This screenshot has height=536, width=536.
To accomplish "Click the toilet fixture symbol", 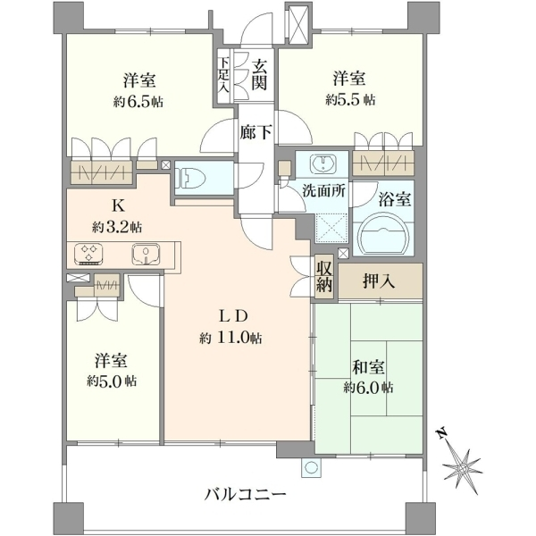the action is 189,178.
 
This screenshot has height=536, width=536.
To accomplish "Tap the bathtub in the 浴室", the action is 383,233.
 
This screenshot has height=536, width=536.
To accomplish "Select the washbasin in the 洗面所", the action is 323,163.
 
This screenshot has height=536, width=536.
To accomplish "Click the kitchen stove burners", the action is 88,254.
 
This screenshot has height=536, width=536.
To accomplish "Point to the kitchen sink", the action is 147,254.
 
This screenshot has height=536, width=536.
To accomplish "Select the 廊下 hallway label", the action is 256,132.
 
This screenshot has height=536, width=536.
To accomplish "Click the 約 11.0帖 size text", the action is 231,339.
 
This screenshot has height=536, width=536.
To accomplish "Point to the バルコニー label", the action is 245,495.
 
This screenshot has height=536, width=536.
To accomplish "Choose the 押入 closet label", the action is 379,281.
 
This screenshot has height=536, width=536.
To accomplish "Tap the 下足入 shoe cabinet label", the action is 223,75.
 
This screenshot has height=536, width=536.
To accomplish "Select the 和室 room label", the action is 368,367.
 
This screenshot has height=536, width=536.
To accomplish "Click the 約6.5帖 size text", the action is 138,102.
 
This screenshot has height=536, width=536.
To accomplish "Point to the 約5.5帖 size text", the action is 350,100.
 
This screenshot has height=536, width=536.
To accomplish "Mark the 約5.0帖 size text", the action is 112,381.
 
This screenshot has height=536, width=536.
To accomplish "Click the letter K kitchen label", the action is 118,205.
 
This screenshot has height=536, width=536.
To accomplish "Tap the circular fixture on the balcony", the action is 311,467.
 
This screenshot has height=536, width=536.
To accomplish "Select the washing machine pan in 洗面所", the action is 331,228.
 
